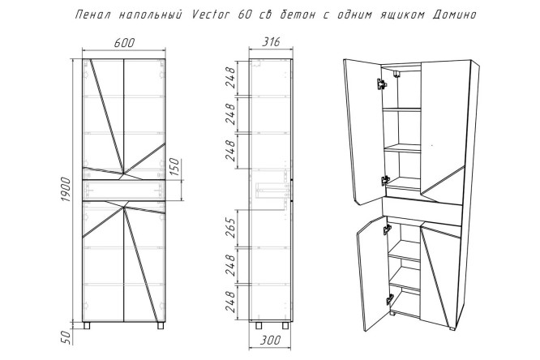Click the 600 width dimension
point(124,43)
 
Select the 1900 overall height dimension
point(66,191)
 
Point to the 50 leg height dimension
point(66,336)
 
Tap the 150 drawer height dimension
point(175,167)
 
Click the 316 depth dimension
point(271,42)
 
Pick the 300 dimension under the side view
point(270,341)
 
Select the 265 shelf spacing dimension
point(230,228)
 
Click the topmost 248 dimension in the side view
point(230,78)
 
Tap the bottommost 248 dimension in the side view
point(230,302)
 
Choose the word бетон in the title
point(296,15)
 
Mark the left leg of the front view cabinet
point(87,325)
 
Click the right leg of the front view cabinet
point(161,325)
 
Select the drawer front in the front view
point(124,190)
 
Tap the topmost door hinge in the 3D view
point(382,84)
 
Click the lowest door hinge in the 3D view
point(389,299)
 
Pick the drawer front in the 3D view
point(422,211)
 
